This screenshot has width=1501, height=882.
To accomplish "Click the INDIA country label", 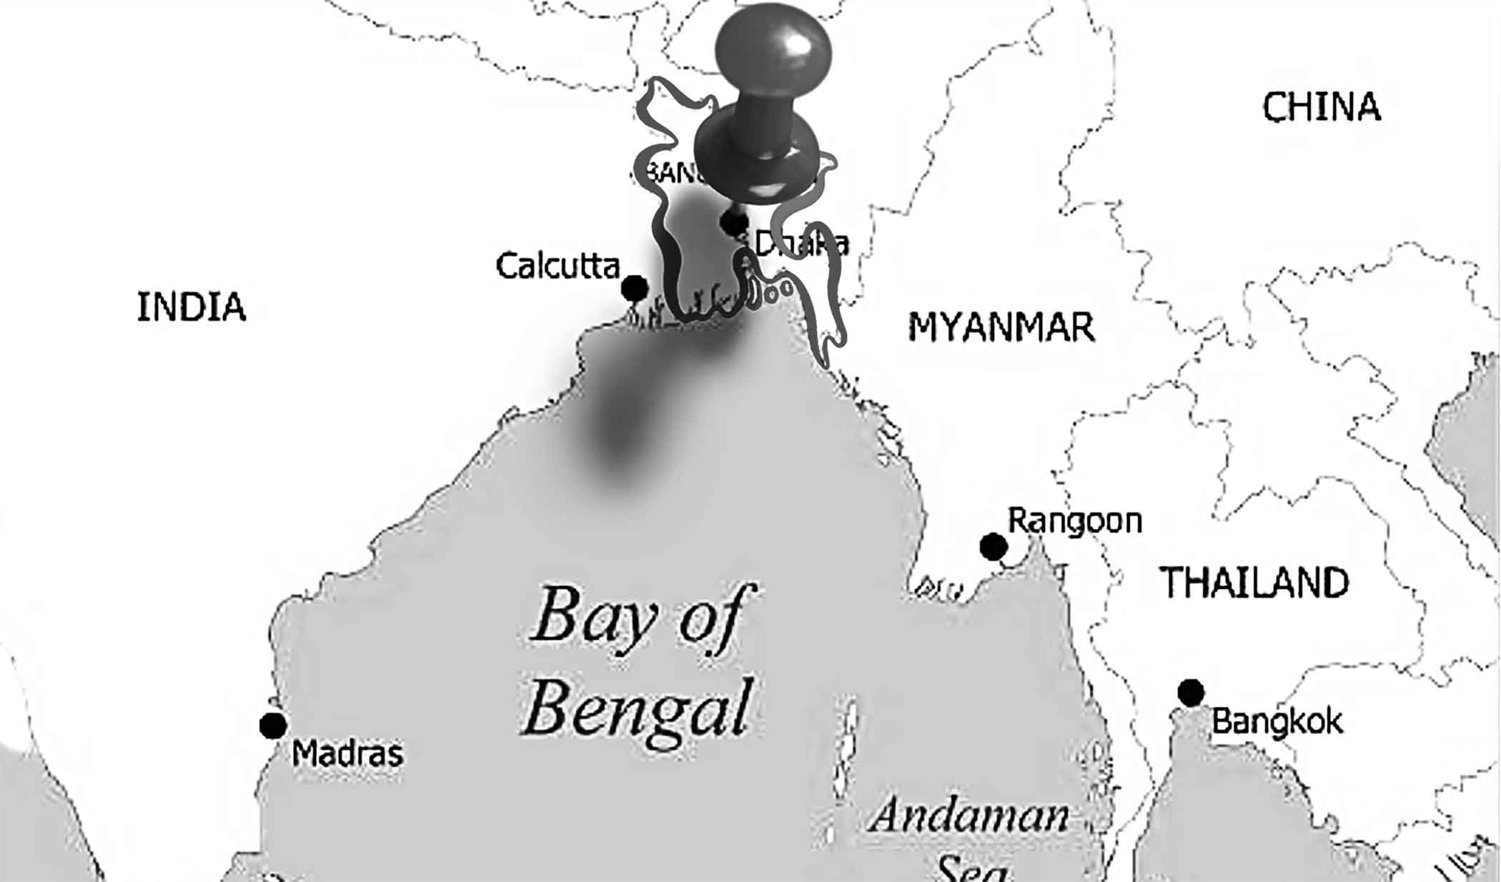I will (191, 307).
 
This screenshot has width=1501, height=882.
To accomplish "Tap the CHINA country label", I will (1321, 107).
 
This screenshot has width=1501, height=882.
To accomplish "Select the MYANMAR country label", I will (1001, 328).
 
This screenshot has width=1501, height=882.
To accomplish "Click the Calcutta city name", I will (558, 266).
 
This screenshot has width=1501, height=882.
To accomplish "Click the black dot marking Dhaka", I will (734, 222).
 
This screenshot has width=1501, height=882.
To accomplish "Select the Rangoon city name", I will (1074, 520).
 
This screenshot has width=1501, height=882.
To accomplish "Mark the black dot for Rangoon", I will (994, 547).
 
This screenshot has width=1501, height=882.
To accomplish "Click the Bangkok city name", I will (1277, 721).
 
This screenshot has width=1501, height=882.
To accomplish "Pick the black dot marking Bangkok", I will (1191, 692).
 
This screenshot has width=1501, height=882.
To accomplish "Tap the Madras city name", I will (348, 753).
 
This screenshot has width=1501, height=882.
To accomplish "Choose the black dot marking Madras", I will (273, 725).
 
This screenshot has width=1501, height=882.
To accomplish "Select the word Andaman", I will (969, 816).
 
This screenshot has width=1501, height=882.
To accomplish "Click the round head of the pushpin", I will (773, 50).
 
